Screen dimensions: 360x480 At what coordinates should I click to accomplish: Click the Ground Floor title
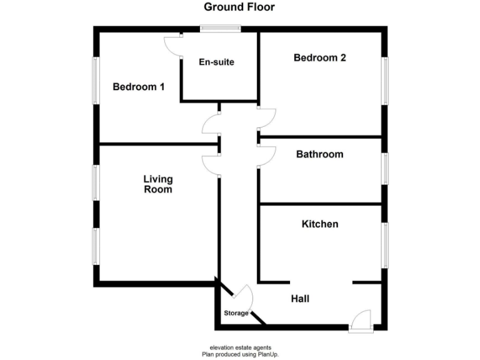pos(239,7)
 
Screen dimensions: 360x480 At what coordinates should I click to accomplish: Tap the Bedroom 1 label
pos(138,87)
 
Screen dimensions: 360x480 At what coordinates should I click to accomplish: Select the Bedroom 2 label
pos(320,58)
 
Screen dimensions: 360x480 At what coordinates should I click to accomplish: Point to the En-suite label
pos(216,62)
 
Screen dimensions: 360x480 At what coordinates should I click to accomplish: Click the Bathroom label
pos(319,154)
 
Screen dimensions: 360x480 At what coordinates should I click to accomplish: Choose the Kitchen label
pos(320,224)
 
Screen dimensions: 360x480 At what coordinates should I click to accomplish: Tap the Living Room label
pos(158,184)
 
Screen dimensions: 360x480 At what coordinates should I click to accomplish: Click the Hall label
pos(300,299)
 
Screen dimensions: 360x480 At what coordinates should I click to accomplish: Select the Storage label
pos(236,313)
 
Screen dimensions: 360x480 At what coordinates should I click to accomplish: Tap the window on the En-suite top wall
pos(220,27)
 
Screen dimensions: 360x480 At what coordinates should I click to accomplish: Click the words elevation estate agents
pos(240,347)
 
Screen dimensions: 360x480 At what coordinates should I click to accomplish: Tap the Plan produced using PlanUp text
pos(240,354)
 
